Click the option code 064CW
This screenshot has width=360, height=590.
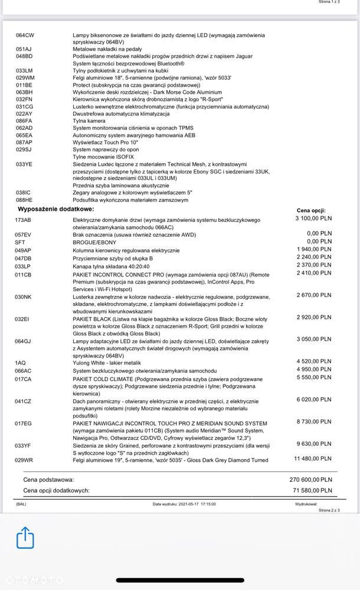click(x=25, y=35)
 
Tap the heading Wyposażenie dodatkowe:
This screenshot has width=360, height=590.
click(x=55, y=209)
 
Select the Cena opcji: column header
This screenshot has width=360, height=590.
click(x=311, y=210)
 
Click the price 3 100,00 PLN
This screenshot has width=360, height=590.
click(x=314, y=219)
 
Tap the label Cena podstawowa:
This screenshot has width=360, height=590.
click(x=48, y=480)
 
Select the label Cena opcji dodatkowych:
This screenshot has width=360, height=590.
click(x=56, y=490)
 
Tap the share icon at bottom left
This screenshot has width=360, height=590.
click(x=25, y=537)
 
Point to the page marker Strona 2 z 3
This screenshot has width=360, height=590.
click(x=329, y=509)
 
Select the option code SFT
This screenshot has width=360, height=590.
click(x=20, y=242)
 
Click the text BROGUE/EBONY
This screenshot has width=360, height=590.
click(x=94, y=242)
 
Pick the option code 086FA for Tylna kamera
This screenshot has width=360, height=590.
click(x=24, y=120)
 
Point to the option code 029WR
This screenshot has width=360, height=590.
click(x=24, y=459)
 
